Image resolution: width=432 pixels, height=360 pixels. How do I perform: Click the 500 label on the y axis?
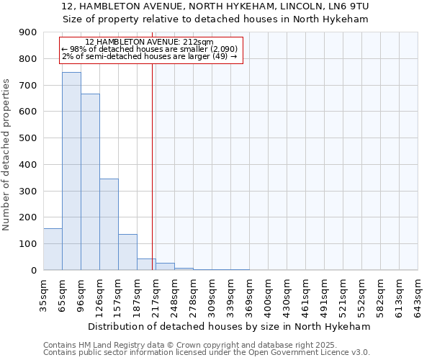[29, 138]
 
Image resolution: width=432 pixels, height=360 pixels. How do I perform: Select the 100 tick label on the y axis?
[29, 244]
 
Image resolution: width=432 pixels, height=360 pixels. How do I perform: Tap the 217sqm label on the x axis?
[156, 295]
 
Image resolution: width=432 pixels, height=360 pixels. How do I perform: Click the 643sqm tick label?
[418, 295]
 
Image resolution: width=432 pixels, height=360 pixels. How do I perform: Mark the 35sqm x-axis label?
[44, 295]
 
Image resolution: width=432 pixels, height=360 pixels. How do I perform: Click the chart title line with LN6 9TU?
[215, 6]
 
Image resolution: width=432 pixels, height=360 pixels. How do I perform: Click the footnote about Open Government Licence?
[206, 353]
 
